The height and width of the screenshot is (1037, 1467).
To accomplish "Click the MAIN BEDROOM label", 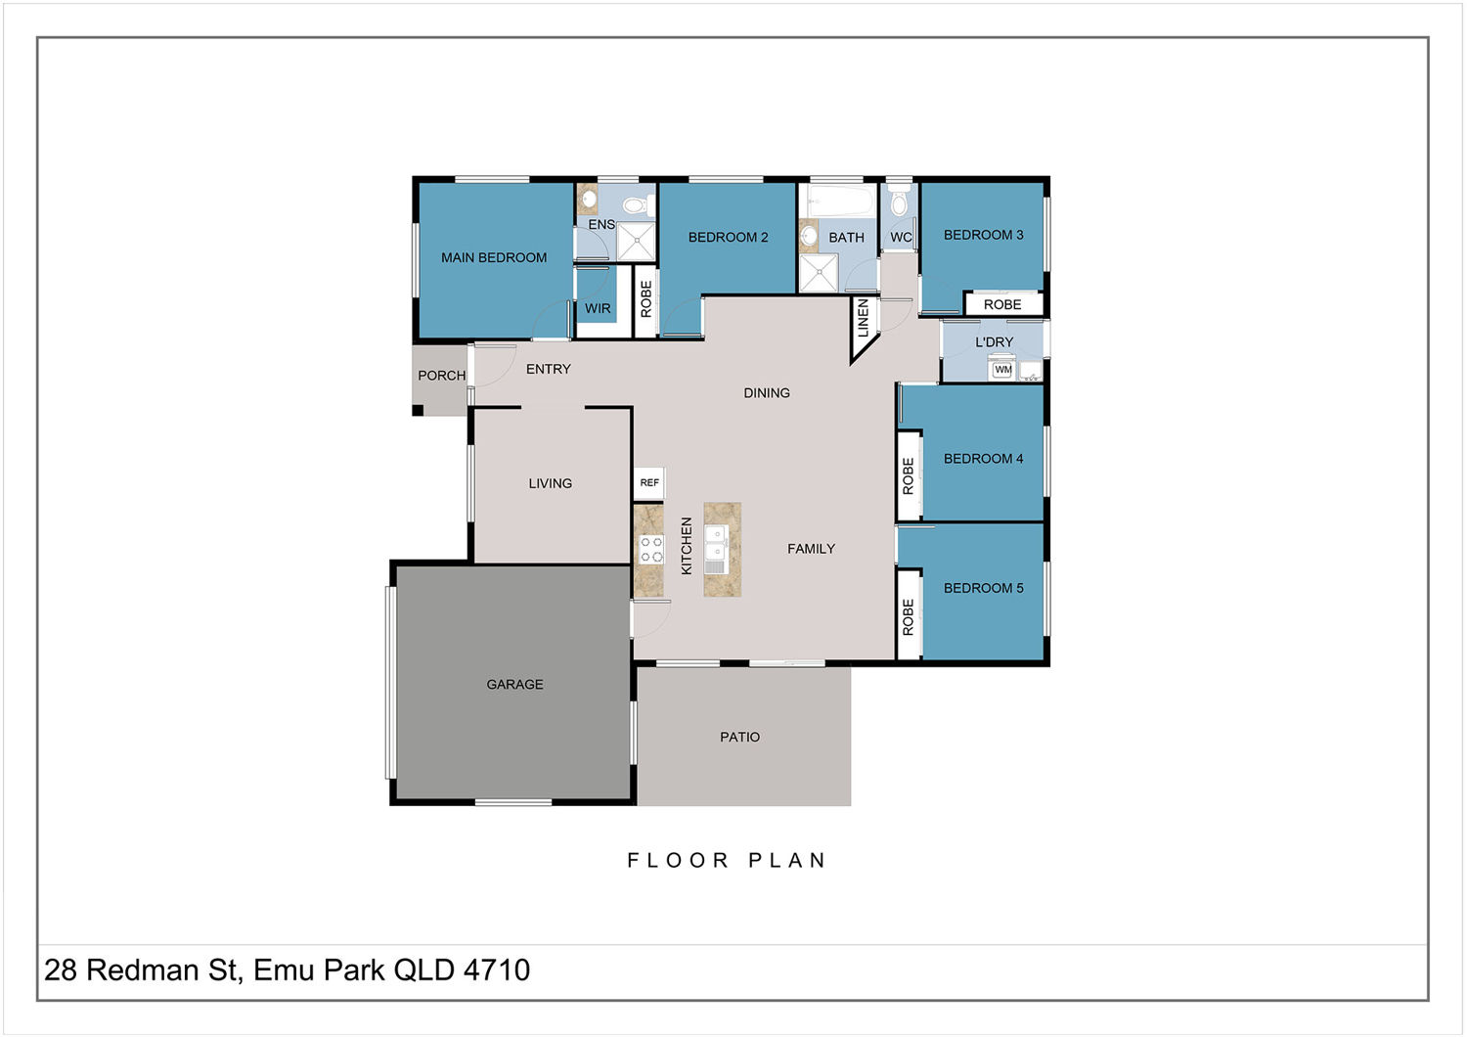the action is point(494,257).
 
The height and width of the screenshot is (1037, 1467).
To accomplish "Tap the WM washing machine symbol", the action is point(1002,370).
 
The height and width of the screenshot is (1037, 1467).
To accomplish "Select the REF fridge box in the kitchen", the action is point(649,483).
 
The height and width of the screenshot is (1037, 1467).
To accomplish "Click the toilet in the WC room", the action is point(899,201).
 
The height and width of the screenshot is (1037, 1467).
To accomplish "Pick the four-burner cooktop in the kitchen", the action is point(651,550).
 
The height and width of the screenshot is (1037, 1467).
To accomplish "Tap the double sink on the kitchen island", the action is point(717,549).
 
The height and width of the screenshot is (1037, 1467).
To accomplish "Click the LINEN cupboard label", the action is point(864,318).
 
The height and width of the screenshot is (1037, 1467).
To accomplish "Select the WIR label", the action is point(598,308).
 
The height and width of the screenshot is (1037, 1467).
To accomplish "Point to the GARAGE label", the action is point(514,684).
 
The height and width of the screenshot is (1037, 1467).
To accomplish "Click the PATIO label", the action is point(740,737).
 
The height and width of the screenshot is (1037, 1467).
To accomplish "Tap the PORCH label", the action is point(441,376).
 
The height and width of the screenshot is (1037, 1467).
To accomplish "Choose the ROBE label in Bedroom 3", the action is point(1002,304).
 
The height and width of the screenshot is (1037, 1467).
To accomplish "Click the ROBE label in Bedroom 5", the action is point(908,617).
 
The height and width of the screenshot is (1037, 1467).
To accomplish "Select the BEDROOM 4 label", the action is point(983,459).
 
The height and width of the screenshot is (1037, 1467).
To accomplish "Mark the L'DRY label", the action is point(994,342).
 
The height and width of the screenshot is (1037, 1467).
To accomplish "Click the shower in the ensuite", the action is point(636,242).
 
